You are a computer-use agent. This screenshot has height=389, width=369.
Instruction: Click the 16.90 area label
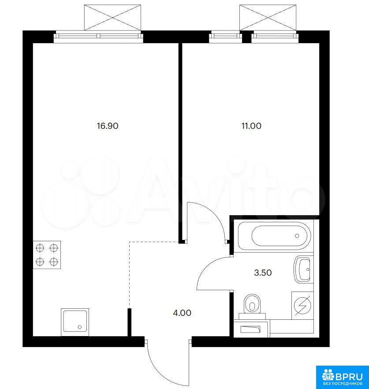[108, 126]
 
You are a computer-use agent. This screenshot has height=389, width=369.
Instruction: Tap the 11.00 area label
[251, 126]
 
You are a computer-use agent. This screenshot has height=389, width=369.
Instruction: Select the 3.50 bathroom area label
[263, 273]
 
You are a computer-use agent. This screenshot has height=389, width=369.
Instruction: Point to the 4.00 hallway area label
[182, 313]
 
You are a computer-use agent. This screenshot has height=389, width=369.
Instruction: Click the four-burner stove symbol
[47, 255]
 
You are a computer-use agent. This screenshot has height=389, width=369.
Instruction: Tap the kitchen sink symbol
[75, 322]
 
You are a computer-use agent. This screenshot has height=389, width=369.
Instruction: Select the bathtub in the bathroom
[274, 236]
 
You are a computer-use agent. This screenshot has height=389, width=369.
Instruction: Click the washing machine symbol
[302, 305]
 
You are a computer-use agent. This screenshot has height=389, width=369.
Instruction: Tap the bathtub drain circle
[297, 236]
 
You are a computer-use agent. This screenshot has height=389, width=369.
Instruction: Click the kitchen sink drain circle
[80, 327]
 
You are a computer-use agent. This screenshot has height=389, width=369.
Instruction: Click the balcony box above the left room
[112, 17]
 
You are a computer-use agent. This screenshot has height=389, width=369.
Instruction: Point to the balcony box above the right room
[268, 17]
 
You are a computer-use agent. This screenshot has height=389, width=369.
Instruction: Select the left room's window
[99, 36]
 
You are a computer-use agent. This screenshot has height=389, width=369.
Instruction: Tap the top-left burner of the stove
[40, 248]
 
